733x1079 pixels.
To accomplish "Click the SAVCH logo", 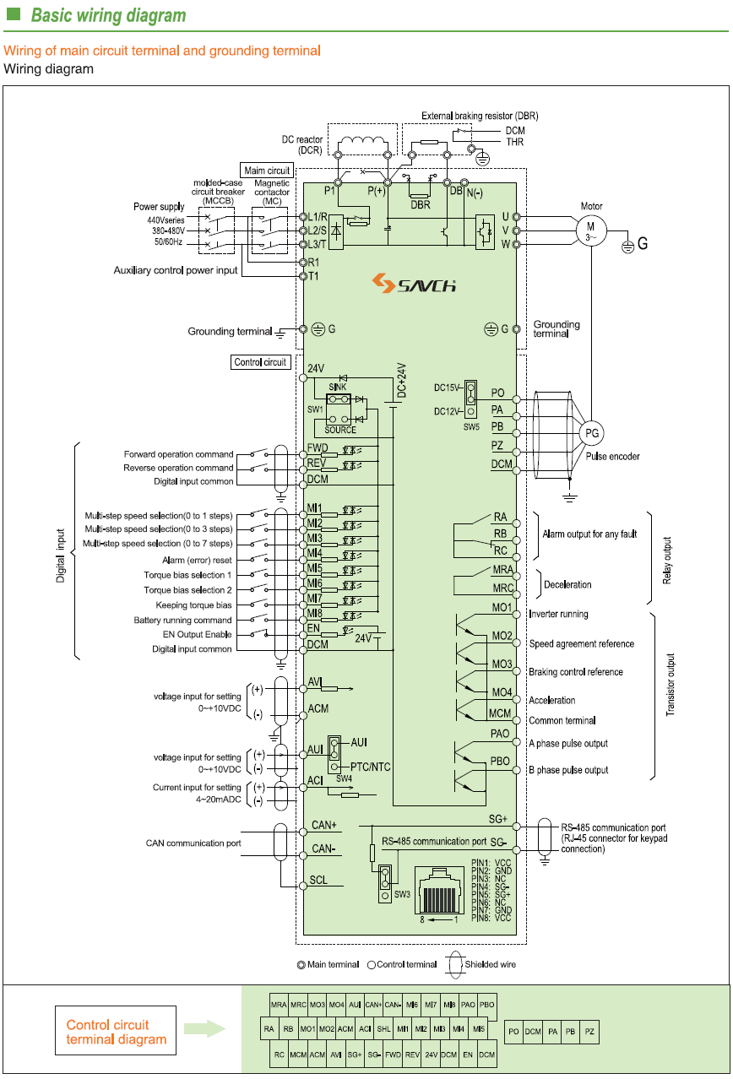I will (415, 283).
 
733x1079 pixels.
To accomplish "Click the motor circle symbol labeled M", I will (591, 228).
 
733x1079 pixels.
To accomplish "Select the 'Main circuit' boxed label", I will (268, 171).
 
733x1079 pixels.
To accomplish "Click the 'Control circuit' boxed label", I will (261, 362).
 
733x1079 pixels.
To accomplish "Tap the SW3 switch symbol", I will (385, 881).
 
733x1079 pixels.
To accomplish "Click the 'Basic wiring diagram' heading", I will (108, 16).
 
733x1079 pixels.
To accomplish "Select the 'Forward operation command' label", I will (178, 454).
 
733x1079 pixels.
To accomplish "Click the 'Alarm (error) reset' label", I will (197, 560).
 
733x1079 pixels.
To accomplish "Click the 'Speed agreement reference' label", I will (581, 643).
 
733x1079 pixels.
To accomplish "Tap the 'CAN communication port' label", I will (193, 843).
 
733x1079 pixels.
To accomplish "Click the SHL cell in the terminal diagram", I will (384, 1029).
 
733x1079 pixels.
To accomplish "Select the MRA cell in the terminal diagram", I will (279, 1005).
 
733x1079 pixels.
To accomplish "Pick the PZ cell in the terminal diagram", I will (590, 1031).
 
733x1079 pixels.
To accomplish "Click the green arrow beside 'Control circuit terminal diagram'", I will (204, 1029).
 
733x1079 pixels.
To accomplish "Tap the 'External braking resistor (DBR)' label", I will (480, 116).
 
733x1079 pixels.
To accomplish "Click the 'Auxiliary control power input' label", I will (176, 270).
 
